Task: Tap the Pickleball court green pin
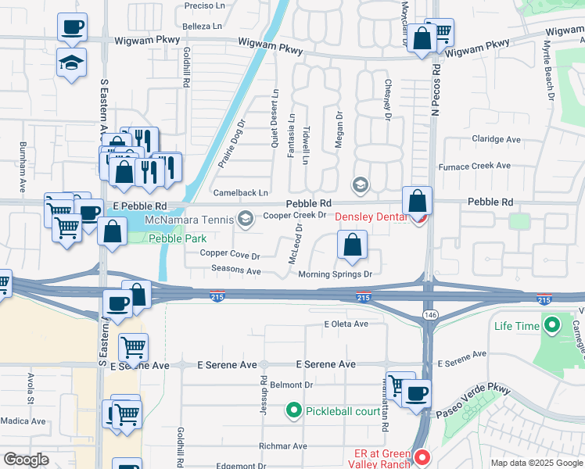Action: pos(294,410)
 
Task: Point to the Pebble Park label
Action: pos(173,238)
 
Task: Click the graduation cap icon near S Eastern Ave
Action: pos(71,63)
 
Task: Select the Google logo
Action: pos(26,460)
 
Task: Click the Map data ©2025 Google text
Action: pos(537,463)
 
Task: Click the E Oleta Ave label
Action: pos(346,324)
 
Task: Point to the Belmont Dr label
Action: pos(291,385)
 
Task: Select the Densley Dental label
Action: pos(372,217)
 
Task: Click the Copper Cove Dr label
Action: pos(229,254)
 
